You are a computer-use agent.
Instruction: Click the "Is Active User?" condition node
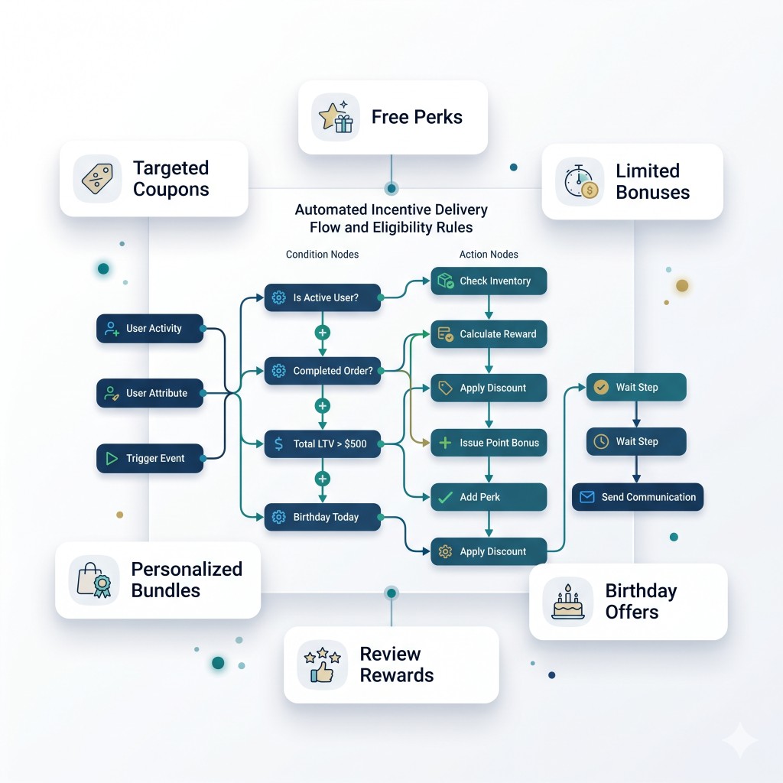point(323,297)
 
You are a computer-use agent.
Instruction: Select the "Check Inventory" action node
point(489,281)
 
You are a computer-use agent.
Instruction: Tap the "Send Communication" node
point(638,497)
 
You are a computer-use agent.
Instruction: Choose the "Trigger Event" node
point(150,459)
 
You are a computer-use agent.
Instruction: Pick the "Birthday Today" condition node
point(323,517)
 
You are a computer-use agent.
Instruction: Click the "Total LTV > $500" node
point(323,444)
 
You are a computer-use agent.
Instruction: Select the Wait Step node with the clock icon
point(636,441)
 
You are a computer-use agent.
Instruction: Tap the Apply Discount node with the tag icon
point(489,388)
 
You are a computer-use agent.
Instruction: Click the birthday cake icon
point(568,602)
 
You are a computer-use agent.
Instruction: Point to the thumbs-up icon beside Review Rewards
point(322,665)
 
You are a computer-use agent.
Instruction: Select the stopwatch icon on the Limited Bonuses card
point(580,181)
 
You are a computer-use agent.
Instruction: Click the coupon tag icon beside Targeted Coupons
point(97,178)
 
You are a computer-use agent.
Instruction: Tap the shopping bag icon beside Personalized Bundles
point(94,580)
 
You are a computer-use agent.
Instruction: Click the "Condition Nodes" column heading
point(322,254)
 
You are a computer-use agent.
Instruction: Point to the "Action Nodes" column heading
point(489,254)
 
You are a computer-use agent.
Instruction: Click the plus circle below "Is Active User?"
point(323,333)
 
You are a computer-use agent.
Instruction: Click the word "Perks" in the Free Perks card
point(438,117)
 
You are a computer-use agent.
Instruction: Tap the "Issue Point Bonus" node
point(489,443)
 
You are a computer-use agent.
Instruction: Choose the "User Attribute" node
point(150,394)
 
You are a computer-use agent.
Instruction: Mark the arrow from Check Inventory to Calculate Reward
point(489,307)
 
